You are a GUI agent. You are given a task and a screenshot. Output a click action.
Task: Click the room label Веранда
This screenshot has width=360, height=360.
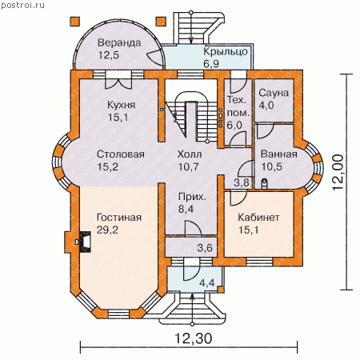point(119,42)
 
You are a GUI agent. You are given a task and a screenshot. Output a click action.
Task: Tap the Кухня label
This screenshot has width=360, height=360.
point(122,105)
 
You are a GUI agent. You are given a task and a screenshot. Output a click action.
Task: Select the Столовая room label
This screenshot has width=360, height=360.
point(121,154)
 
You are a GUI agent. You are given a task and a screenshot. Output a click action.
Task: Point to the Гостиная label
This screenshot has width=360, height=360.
point(119,218)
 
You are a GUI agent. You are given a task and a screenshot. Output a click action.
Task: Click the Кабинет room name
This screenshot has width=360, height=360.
point(258,218)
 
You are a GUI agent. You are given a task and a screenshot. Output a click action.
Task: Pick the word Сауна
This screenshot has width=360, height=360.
point(274,93)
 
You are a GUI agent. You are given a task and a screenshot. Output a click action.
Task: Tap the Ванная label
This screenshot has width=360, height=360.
point(279,154)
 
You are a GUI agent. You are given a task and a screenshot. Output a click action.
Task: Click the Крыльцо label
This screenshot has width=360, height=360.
point(226,52)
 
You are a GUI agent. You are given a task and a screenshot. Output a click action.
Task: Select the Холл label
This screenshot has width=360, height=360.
point(190,154)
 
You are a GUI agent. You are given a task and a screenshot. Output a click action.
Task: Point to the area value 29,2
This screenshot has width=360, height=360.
point(107,230)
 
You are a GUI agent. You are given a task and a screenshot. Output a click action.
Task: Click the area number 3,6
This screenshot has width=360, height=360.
point(205,248)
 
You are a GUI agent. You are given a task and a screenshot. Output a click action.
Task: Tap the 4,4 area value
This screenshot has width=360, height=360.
point(207,282)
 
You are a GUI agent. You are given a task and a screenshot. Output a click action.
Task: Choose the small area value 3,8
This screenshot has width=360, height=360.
point(242,183)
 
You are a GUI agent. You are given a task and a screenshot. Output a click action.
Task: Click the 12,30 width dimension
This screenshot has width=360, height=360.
point(194,338)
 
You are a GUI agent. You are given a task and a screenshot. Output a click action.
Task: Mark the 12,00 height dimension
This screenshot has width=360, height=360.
point(338,172)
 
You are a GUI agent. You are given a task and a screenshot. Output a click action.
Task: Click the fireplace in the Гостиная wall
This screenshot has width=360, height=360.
point(85,242)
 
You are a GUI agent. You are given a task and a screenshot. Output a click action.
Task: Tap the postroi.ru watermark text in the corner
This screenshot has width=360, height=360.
point(22,5)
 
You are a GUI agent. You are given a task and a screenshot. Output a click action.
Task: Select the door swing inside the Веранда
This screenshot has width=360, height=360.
point(155,57)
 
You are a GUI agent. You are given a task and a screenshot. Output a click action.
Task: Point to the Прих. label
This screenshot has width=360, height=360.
point(192,198)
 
